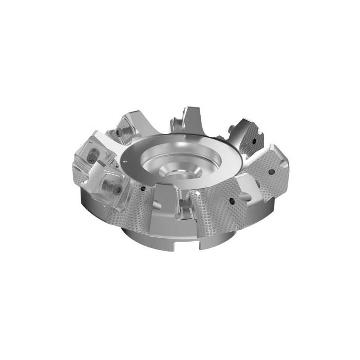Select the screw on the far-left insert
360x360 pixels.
click(x=91, y=157)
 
